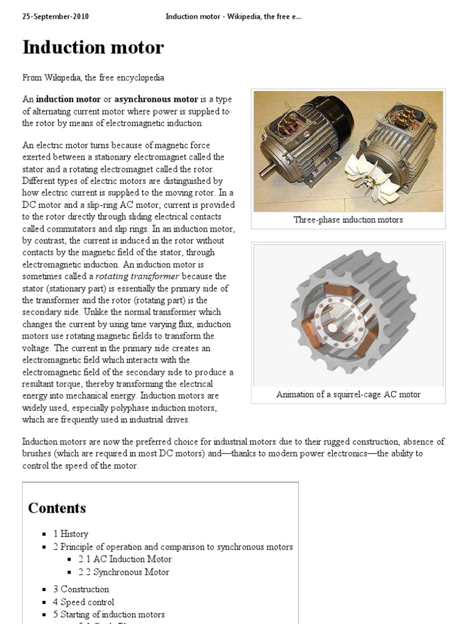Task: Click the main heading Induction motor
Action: point(93,48)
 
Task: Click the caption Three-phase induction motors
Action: point(348,220)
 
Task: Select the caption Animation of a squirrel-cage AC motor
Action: point(348,394)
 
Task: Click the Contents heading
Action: point(57,508)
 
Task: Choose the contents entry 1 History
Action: point(70,534)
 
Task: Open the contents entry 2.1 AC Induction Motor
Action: point(125,559)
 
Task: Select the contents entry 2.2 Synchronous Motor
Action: point(124,572)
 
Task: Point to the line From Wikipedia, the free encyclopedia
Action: point(93,78)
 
